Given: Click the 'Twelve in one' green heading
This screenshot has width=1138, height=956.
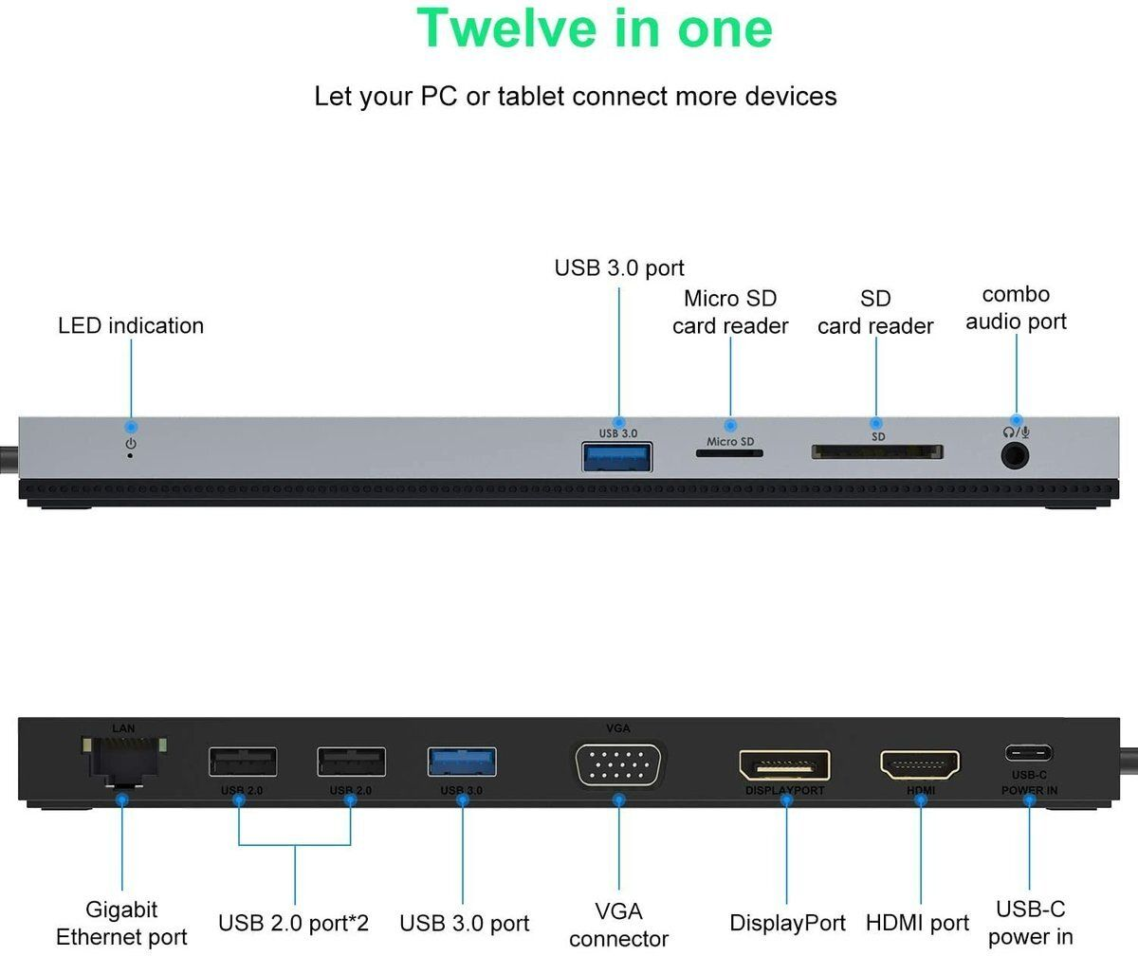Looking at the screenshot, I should tap(595, 28).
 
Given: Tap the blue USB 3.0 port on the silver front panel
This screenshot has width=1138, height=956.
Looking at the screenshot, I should tap(617, 456).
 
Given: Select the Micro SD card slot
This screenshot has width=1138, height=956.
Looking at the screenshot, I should tap(729, 453).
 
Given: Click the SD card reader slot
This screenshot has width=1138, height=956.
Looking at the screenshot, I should tap(876, 451).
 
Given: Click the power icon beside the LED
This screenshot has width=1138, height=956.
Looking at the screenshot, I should tap(131, 443).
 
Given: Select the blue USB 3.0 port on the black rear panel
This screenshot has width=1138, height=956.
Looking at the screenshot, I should tap(462, 761).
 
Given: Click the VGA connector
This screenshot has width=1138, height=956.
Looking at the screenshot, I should tap(618, 764).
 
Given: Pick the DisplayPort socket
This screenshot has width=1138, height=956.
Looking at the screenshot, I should tap(784, 765).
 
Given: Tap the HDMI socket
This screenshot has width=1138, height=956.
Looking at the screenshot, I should tap(920, 763).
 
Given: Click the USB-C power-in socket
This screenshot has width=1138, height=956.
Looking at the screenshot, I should tap(1029, 755).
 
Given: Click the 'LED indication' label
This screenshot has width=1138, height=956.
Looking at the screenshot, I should tap(131, 325).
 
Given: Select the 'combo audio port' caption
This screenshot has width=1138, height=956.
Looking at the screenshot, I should tap(1016, 308).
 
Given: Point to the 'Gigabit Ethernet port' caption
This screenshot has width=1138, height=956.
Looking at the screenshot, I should tap(121, 924).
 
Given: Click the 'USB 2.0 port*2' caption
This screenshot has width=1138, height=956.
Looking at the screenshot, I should tap(294, 923).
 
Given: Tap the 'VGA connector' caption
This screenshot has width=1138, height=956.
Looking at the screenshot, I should tap(618, 925).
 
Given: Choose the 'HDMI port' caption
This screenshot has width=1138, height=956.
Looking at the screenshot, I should tap(917, 923).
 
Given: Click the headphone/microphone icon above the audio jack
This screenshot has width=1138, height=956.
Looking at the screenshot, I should tap(1017, 432).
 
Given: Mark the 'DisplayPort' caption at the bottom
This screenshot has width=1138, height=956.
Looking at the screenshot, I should tap(787, 923).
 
